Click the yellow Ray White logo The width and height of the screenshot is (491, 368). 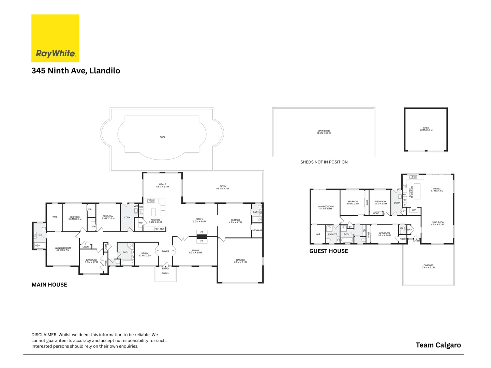55,38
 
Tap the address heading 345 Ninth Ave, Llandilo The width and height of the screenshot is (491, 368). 76,71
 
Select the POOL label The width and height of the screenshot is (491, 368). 163,137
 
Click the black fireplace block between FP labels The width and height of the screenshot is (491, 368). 202,236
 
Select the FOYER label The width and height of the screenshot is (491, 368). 165,251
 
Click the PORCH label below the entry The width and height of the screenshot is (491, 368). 165,273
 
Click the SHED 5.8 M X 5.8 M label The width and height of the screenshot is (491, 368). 426,129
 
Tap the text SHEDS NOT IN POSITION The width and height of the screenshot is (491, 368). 324,162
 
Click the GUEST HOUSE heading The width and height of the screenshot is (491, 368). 329,251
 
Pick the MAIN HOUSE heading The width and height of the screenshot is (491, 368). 49,285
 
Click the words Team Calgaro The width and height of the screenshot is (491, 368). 438,345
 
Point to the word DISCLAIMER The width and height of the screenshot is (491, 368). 44,335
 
